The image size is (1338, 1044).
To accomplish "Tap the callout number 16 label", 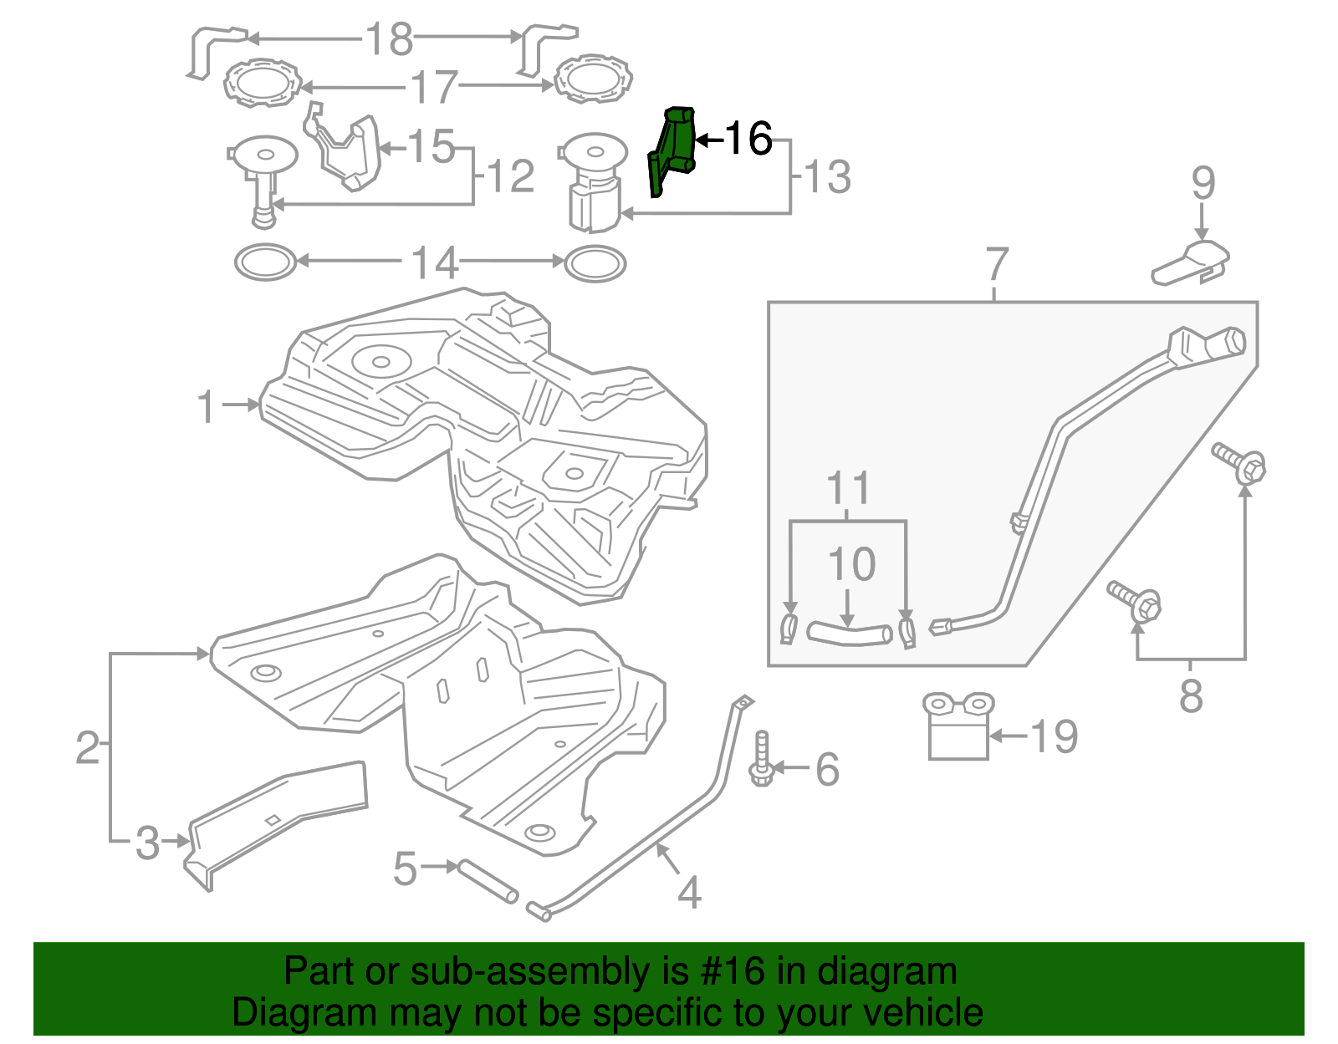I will pyautogui.click(x=748, y=139).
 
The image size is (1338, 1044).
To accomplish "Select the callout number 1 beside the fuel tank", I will pyautogui.click(x=207, y=407).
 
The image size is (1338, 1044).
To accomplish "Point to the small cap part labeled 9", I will pyautogui.click(x=1191, y=261).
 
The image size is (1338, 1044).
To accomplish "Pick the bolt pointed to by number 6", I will pyautogui.click(x=762, y=761).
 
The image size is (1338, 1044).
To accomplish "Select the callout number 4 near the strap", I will pyautogui.click(x=689, y=893).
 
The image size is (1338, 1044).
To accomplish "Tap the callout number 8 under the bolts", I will pyautogui.click(x=1191, y=695).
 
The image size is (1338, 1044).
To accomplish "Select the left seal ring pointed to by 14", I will pyautogui.click(x=265, y=262).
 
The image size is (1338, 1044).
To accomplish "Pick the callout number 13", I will pyautogui.click(x=827, y=177).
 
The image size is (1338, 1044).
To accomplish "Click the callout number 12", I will pyautogui.click(x=510, y=177).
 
